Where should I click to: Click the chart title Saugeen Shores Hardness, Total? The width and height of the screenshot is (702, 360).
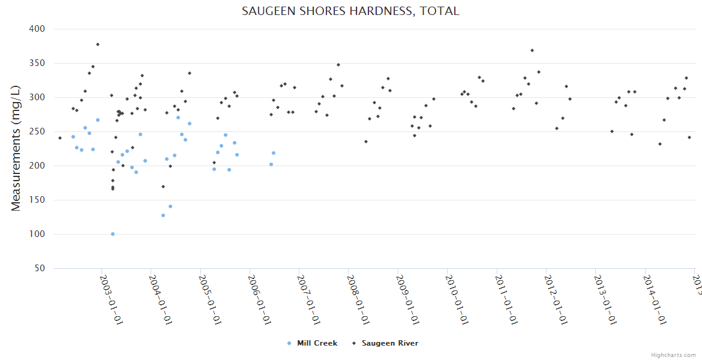coord(351,11)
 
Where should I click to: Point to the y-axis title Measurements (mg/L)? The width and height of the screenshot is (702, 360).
coord(16,148)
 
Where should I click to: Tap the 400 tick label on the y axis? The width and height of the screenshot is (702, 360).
coord(37,29)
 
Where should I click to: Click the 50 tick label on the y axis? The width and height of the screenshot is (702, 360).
coord(40,268)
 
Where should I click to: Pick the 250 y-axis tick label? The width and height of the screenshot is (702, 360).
coord(37,131)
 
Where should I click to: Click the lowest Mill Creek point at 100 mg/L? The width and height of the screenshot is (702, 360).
coord(113,234)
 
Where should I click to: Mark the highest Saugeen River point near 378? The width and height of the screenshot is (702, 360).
coord(98,44)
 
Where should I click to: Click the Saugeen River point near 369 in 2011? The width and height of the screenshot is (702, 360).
coord(532,50)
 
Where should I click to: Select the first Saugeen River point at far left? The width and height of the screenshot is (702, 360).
coord(60,138)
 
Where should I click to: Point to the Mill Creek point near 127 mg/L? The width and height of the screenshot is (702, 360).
coord(163,215)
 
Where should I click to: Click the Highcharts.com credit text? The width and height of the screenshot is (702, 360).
coord(674,355)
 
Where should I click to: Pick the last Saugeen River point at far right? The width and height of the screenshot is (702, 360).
coord(689,137)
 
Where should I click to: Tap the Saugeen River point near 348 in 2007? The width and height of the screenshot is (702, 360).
coord(338,65)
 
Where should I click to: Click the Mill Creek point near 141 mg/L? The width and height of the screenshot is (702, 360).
coord(170,206)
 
